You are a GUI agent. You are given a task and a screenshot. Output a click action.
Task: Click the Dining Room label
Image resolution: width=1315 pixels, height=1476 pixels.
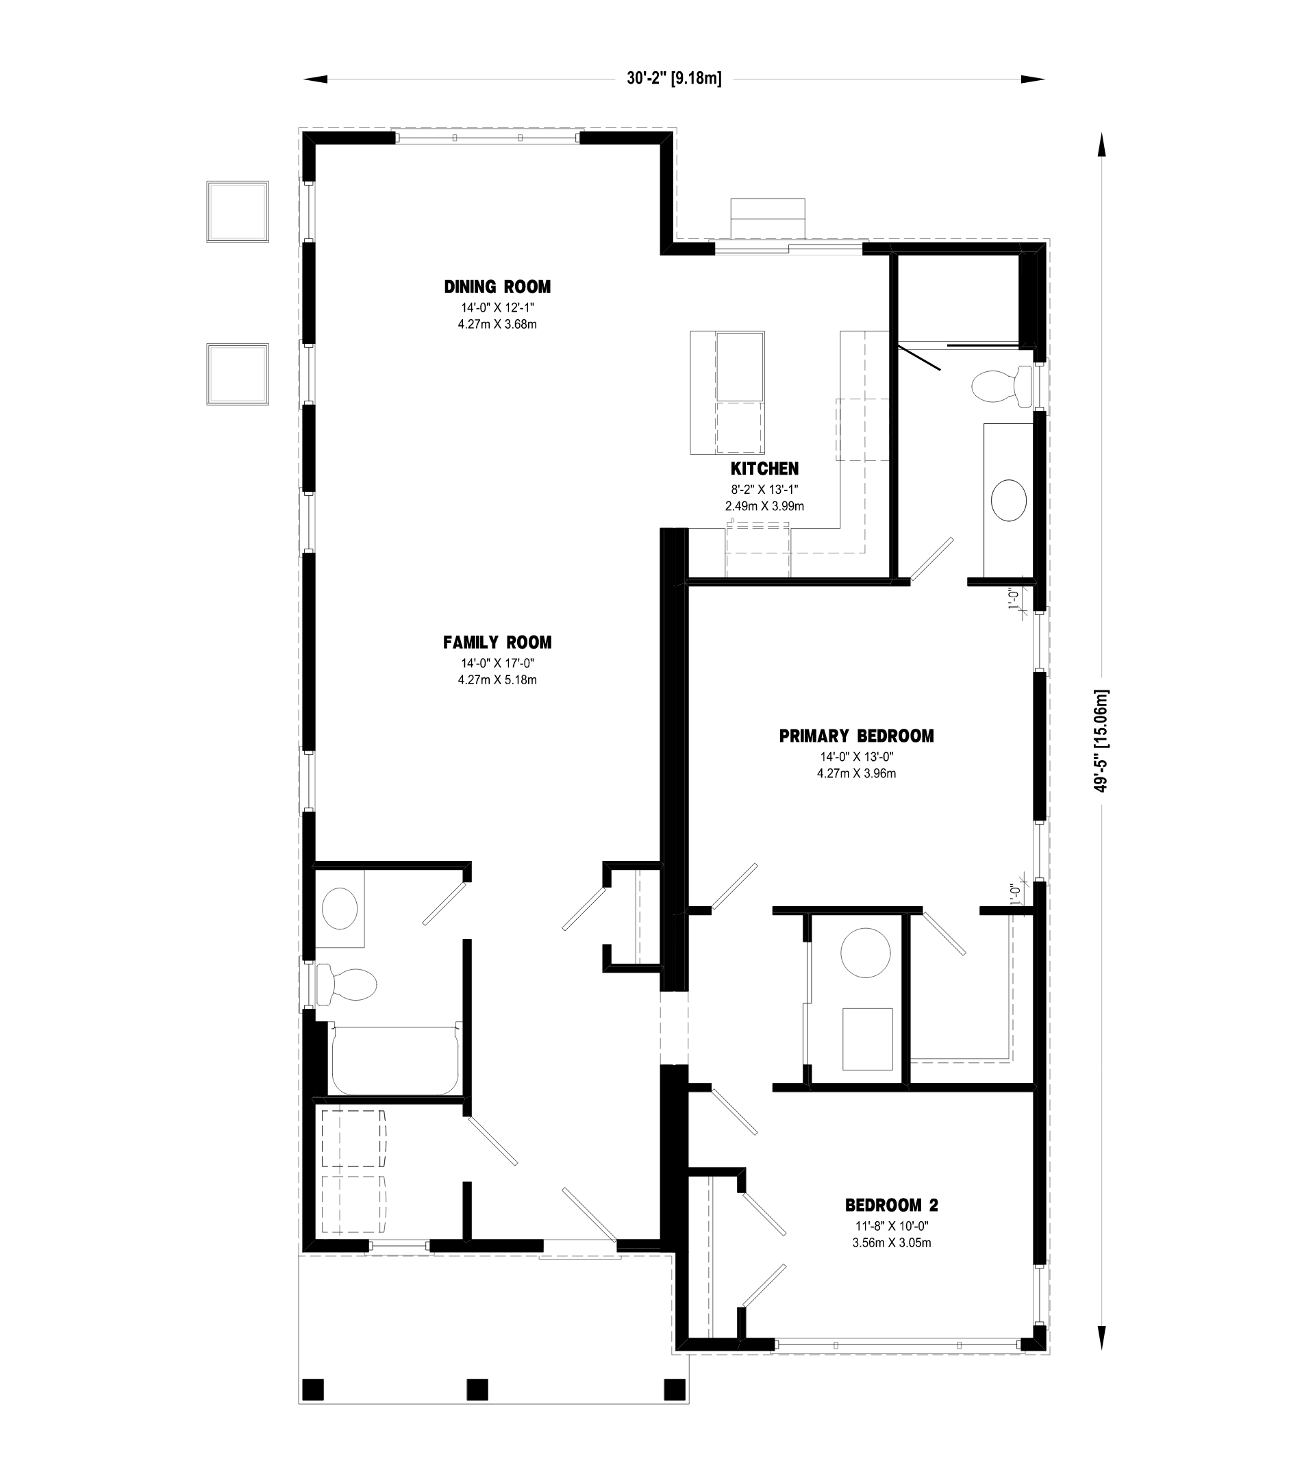coord(497,287)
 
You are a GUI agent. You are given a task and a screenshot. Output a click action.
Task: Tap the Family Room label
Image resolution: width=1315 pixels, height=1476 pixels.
coord(497,642)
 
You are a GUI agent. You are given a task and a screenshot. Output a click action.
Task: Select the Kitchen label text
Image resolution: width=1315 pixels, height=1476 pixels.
coord(764,469)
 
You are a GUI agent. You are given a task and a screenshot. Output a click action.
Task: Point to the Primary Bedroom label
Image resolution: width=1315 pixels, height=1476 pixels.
coord(856,736)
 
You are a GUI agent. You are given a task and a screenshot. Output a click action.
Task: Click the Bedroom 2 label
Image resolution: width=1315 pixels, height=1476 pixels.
coord(892,1205)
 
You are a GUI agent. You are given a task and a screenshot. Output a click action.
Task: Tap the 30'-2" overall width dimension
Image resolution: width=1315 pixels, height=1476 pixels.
coord(674,79)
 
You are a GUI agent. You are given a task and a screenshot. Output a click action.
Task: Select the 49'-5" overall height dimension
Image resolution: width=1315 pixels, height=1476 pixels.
coord(1101,740)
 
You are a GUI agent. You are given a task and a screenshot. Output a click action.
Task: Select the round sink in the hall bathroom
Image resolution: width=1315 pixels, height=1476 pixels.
coord(340,909)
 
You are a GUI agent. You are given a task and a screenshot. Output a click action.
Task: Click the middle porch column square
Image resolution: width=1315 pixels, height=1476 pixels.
coord(477,1389)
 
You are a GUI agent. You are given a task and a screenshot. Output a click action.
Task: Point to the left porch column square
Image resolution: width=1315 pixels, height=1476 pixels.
coord(312,1389)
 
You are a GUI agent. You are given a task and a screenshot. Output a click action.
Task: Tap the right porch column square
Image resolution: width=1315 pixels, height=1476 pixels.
coord(674,1389)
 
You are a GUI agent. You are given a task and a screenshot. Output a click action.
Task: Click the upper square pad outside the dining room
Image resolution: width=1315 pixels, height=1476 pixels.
coord(238,212)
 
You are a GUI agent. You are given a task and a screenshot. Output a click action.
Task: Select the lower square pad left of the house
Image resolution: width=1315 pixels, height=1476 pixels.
coord(238,374)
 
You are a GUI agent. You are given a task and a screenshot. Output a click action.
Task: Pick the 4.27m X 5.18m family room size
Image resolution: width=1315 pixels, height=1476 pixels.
coord(497,680)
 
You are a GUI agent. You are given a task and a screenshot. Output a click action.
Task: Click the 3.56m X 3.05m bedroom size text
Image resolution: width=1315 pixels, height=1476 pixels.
coord(892,1242)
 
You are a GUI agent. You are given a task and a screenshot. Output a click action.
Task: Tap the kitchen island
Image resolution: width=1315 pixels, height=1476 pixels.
coord(727,393)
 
